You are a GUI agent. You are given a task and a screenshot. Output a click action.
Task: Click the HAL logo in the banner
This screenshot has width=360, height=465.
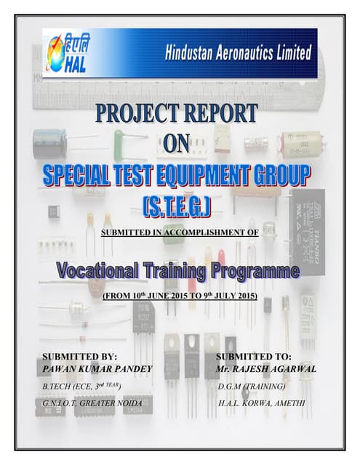point(65,52)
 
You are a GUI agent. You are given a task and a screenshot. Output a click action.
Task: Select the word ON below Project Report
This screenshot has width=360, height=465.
point(177,143)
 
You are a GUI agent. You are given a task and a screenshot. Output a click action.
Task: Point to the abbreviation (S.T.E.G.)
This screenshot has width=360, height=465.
point(178,207)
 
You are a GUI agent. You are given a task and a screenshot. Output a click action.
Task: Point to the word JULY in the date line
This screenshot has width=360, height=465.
point(222,296)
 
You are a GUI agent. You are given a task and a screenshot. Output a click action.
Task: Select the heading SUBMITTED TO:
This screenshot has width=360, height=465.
point(254,357)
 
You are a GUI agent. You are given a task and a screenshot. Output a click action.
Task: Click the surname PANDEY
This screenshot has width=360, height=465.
point(130,370)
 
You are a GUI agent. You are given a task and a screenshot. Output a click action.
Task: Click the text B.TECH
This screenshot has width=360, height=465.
point(57,386)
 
